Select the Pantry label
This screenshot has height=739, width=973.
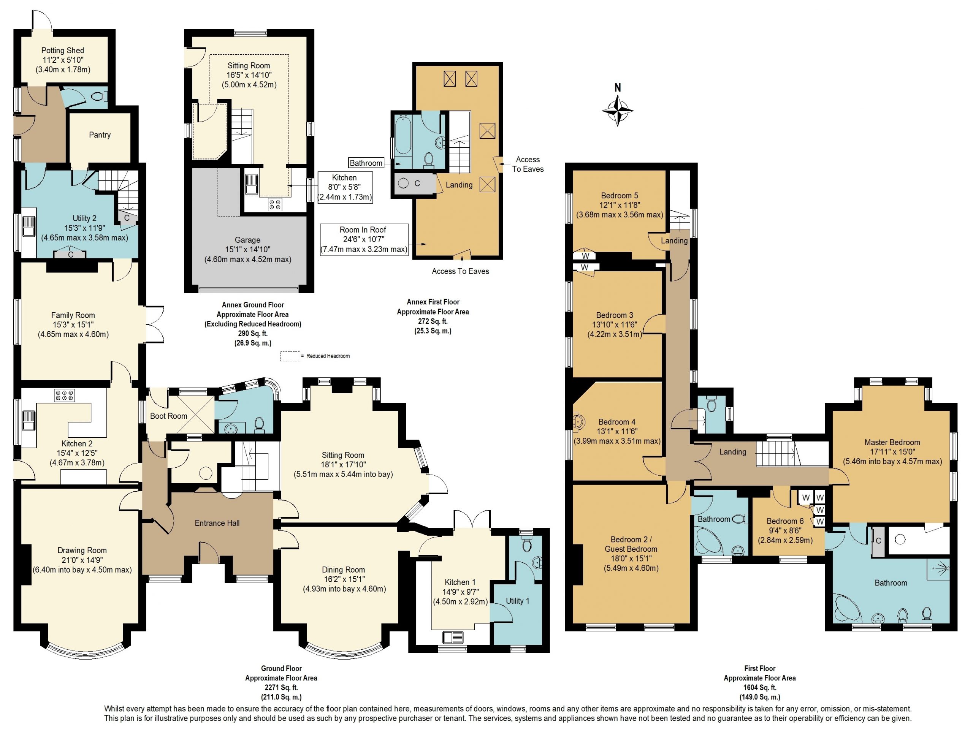click(x=100, y=135)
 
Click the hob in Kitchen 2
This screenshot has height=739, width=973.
click(x=64, y=396)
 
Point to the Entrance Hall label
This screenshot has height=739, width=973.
click(x=217, y=523)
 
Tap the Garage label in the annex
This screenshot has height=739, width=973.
click(x=247, y=240)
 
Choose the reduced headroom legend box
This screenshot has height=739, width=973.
click(x=290, y=356)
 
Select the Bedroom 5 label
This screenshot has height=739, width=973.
click(x=619, y=195)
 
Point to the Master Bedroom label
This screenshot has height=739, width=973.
click(x=892, y=442)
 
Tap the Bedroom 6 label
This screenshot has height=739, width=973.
click(x=785, y=521)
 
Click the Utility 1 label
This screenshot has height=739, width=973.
click(x=518, y=601)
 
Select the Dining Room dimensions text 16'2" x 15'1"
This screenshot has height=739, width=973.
click(x=343, y=579)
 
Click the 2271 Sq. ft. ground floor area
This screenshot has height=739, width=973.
click(x=281, y=687)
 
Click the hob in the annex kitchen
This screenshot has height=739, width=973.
click(x=276, y=204)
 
